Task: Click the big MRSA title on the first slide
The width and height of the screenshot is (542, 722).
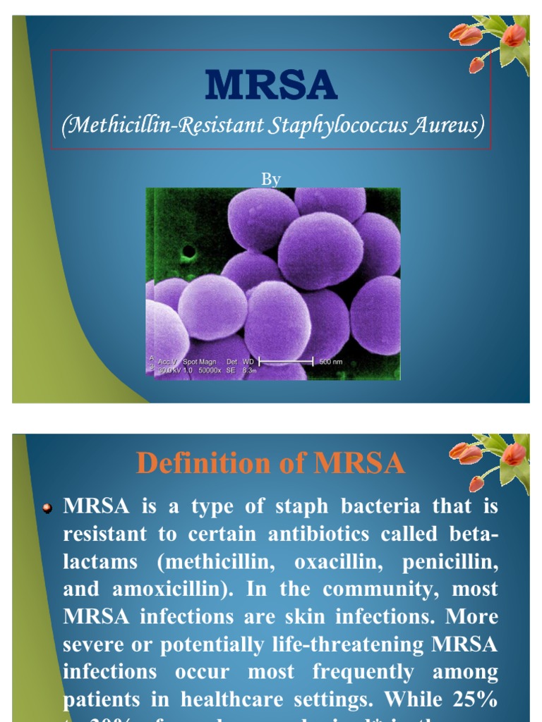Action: (x=271, y=85)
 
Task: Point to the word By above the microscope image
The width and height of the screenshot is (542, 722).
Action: (x=271, y=179)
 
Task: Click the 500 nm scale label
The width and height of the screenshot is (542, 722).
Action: (x=331, y=362)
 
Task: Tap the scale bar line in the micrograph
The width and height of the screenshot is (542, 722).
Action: (x=286, y=361)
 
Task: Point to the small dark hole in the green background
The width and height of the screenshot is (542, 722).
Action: (x=188, y=251)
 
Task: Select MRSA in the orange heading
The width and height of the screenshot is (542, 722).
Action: (x=359, y=463)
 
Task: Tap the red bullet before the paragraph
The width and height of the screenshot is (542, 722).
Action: (x=48, y=508)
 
